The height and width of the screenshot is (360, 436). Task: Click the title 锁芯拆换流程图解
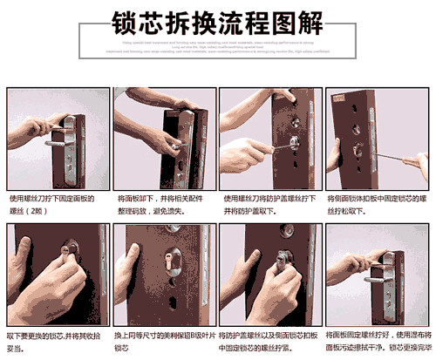click(218, 19)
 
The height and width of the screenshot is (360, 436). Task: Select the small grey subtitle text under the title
click(218, 49)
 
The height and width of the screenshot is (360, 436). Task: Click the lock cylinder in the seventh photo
click(283, 262)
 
